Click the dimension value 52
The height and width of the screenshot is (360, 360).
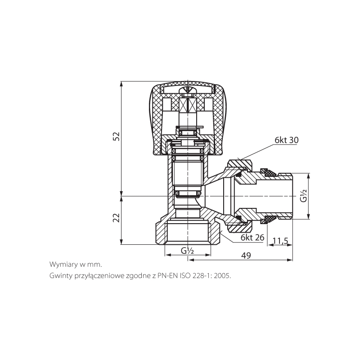(x=117, y=136)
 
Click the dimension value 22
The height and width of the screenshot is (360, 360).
(x=117, y=218)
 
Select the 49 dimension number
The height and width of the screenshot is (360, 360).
(x=246, y=255)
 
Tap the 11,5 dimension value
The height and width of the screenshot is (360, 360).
(x=280, y=241)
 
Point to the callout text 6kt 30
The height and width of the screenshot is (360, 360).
(x=287, y=140)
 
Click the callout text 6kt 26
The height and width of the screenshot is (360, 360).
(x=252, y=238)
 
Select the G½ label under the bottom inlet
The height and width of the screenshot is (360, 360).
(x=187, y=251)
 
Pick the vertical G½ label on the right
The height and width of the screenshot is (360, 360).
(x=303, y=196)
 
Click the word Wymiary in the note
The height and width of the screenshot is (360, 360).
(x=63, y=265)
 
